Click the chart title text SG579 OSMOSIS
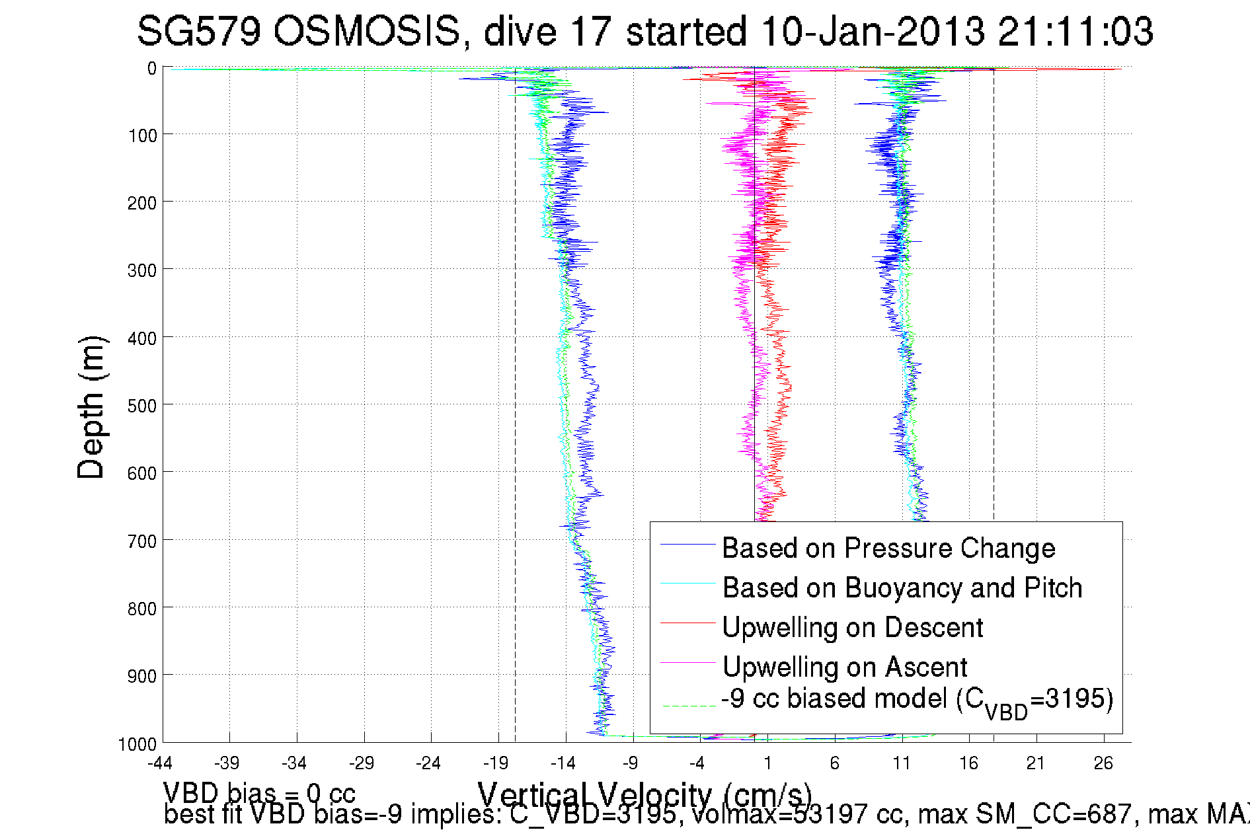point(299,31)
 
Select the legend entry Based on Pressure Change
point(888,548)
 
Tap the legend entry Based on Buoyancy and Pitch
point(902,588)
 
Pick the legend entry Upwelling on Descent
point(853,627)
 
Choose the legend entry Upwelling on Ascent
point(845,667)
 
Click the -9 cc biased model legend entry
point(917,700)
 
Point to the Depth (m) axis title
point(91,407)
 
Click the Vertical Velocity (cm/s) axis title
point(645,794)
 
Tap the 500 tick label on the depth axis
point(141,406)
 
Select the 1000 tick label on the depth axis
point(137,744)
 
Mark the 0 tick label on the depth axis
point(152,69)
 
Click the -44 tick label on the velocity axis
point(159,764)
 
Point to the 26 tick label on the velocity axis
point(1103,764)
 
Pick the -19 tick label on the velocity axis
point(495,764)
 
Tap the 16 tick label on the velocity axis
point(968,764)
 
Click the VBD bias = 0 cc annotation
point(259,793)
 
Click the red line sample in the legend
point(688,623)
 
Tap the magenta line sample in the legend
point(688,662)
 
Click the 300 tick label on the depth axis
point(141,270)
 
